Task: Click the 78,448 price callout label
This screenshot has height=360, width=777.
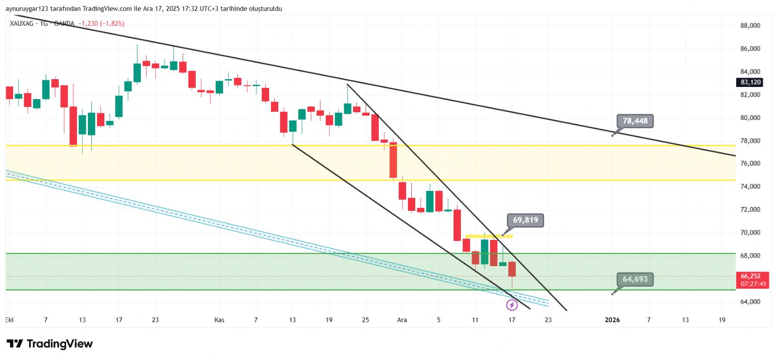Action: tap(635, 121)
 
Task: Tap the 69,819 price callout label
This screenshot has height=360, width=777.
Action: tap(525, 220)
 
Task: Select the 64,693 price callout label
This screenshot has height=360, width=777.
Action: tap(635, 279)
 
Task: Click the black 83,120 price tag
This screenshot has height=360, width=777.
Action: tap(750, 83)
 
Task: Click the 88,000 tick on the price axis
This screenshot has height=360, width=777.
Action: tap(750, 26)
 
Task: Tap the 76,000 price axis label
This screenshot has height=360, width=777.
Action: tap(750, 164)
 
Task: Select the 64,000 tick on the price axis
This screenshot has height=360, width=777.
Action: tap(750, 302)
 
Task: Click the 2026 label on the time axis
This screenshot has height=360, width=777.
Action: tap(612, 320)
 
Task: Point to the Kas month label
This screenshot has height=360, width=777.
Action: tap(220, 320)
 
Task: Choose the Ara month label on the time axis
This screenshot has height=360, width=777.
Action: tap(402, 320)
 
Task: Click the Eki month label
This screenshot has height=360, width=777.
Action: tap(9, 320)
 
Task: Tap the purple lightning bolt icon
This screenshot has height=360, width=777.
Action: tap(512, 305)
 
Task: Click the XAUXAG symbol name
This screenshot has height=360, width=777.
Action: tap(22, 23)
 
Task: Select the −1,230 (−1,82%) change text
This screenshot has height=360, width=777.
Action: tap(101, 23)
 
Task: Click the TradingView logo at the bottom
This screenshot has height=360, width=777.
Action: tap(50, 344)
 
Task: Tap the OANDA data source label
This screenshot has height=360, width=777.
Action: tap(64, 23)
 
